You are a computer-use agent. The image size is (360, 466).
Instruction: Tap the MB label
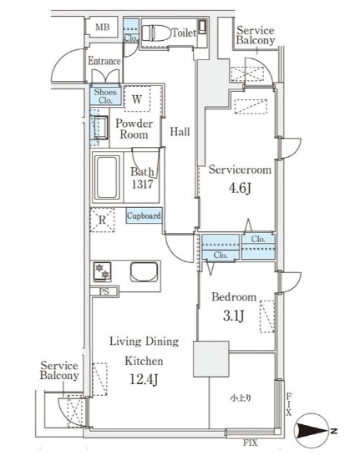pyautogui.click(x=102, y=28)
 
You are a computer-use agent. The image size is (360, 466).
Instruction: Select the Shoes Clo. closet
pyautogui.click(x=105, y=96)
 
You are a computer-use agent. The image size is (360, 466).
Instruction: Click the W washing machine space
pyautogui.click(x=137, y=99)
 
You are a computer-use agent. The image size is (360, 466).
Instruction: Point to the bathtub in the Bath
pyautogui.click(x=107, y=177)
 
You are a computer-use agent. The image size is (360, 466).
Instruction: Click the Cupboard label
pyautogui.click(x=144, y=215)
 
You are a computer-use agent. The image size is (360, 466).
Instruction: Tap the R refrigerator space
pyautogui.click(x=102, y=220)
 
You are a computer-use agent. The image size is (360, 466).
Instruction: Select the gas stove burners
pyautogui.click(x=102, y=271)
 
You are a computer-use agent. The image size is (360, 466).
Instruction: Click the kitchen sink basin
pyautogui.click(x=144, y=272)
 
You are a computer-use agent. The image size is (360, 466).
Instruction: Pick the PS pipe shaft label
pyautogui.click(x=104, y=291)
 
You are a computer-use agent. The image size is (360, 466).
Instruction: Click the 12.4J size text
pyautogui.click(x=144, y=379)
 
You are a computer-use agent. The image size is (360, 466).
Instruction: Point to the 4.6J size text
pyautogui.click(x=240, y=188)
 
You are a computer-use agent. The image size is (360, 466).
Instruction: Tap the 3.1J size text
pyautogui.click(x=234, y=316)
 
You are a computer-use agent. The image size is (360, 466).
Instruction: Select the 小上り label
pyautogui.click(x=241, y=398)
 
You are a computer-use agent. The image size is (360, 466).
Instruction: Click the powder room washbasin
pyautogui.click(x=100, y=128)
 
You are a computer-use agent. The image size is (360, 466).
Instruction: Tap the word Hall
pyautogui.click(x=180, y=131)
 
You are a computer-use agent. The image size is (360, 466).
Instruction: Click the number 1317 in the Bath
pyautogui.click(x=142, y=185)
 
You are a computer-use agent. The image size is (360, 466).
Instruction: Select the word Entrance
pyautogui.click(x=104, y=61)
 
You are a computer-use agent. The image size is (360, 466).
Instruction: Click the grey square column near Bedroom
pyautogui.click(x=211, y=359)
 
